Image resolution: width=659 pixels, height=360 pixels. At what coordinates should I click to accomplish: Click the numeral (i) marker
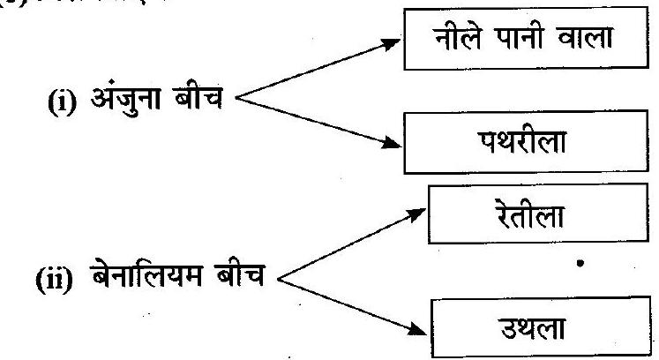[x=59, y=115]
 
